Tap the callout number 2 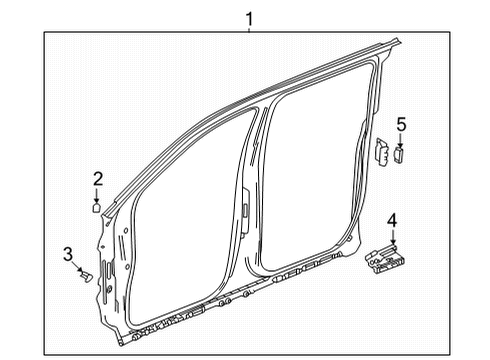pyautogui.click(x=98, y=179)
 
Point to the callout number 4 pyautogui.click(x=393, y=219)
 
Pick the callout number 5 pyautogui.click(x=401, y=124)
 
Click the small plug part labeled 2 pyautogui.click(x=97, y=209)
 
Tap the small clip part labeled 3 pyautogui.click(x=87, y=273)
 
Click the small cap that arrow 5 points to pyautogui.click(x=400, y=157)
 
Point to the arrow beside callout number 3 pyautogui.click(x=78, y=265)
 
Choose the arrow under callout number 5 pyautogui.click(x=401, y=141)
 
